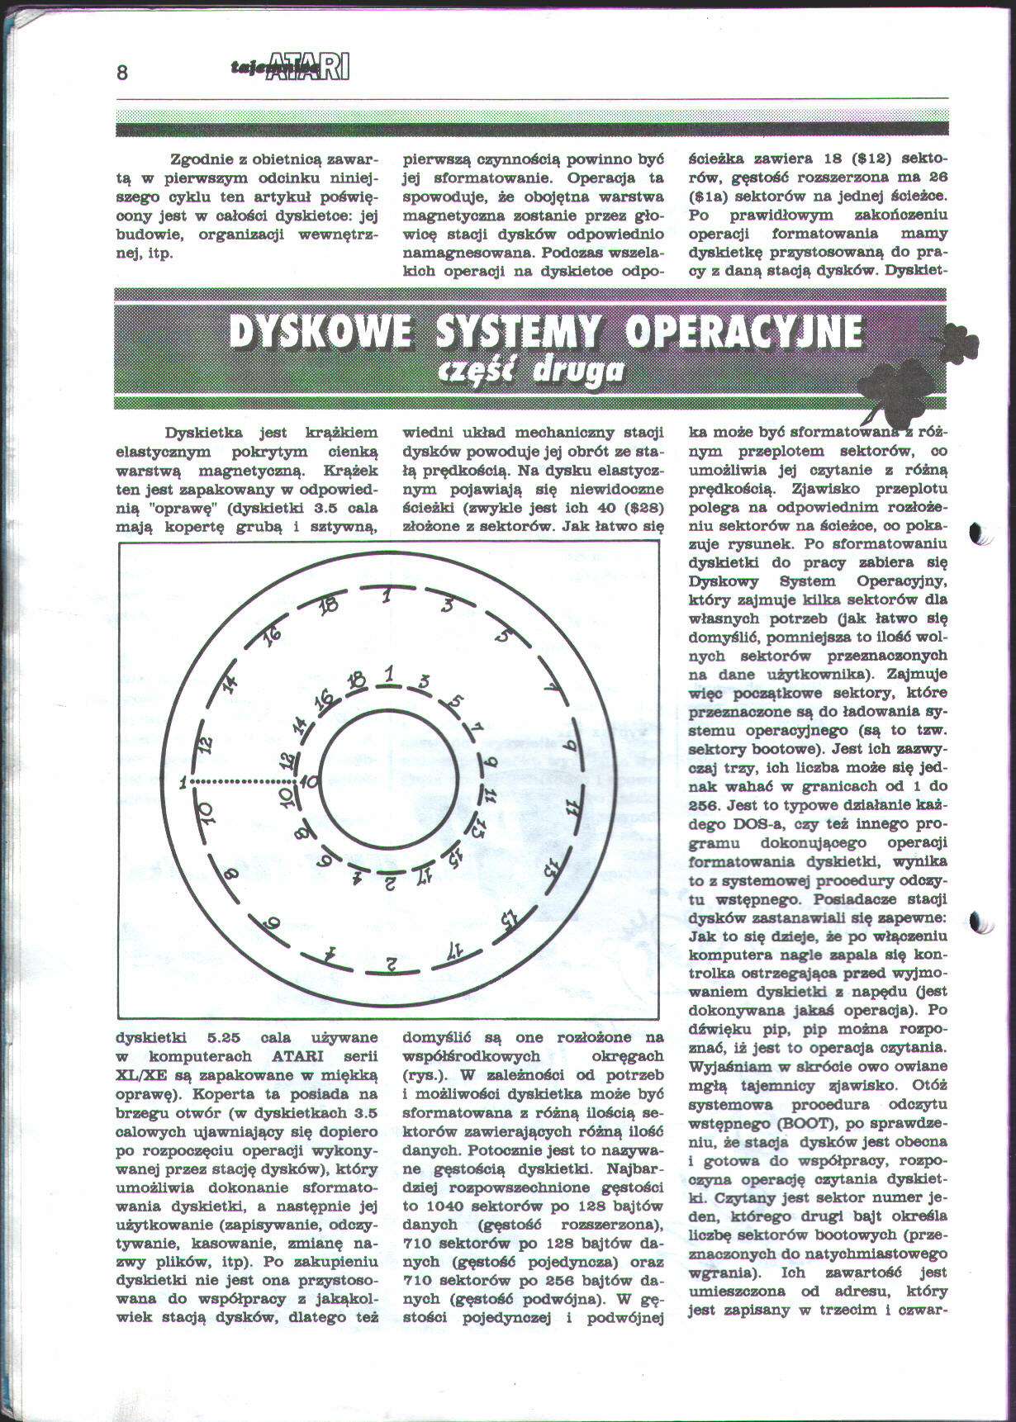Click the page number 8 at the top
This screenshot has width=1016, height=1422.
121,73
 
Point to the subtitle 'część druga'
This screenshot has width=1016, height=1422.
534,372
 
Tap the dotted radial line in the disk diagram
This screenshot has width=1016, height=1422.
243,780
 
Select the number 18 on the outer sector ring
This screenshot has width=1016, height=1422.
330,607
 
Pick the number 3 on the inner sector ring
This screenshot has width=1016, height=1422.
425,682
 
